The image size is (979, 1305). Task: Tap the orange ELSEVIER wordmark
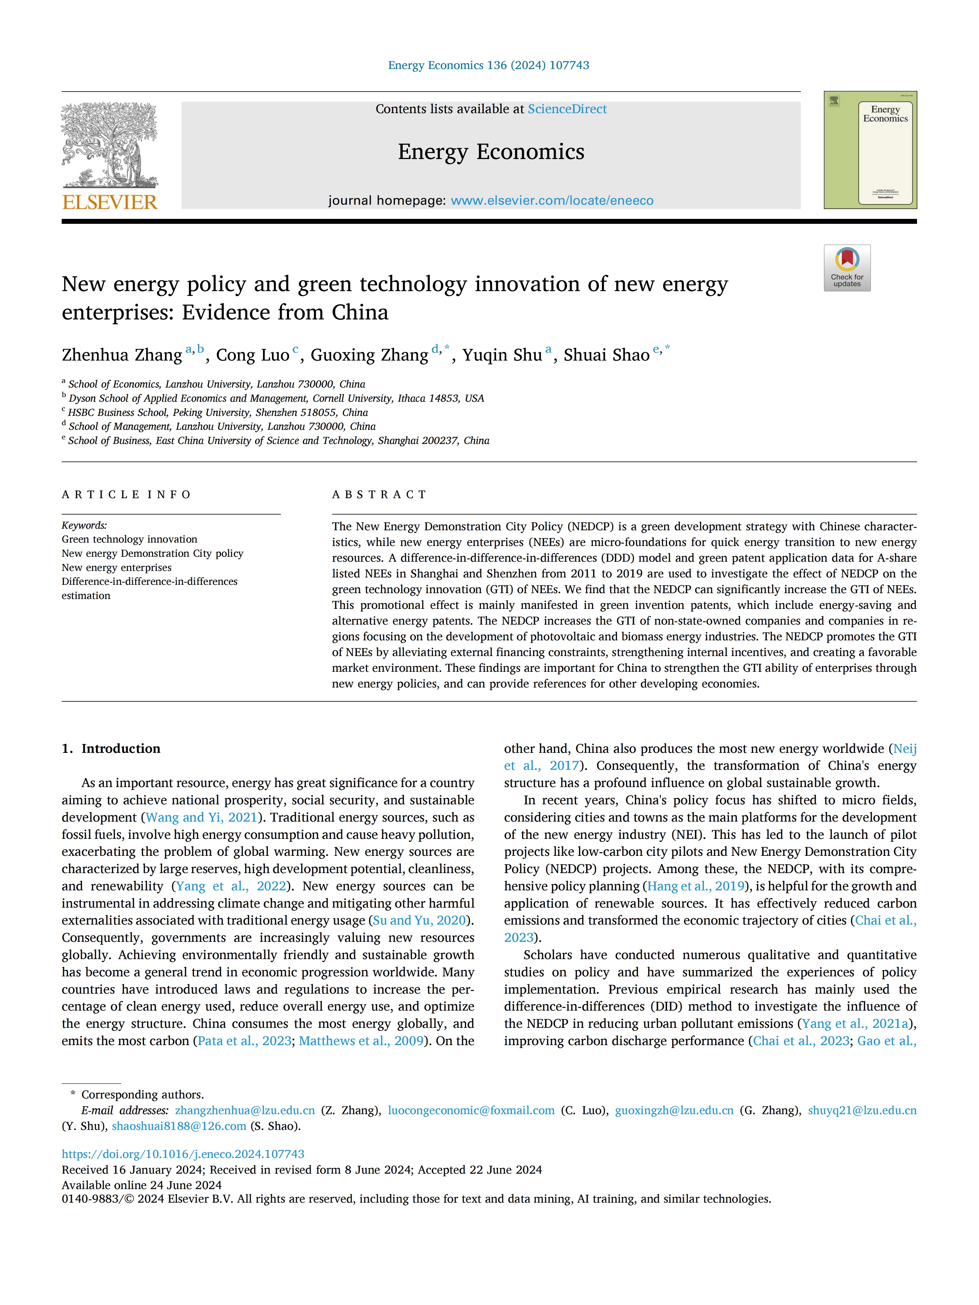[x=110, y=202]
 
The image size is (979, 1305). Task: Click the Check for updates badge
[x=847, y=268]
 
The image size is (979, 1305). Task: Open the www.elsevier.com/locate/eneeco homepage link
[x=552, y=201]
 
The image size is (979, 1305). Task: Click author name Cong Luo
[x=253, y=355]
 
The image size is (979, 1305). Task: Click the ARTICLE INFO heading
[x=126, y=495]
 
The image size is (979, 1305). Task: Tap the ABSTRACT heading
[x=379, y=495]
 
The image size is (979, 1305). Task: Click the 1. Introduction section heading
[x=111, y=749]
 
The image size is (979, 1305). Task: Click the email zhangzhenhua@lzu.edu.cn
[x=245, y=1110]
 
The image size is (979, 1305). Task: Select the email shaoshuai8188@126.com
[x=179, y=1126]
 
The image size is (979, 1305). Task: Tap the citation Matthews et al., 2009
[x=361, y=1041]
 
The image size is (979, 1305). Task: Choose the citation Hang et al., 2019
[x=696, y=886]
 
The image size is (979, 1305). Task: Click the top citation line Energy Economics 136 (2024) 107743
[x=489, y=65]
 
